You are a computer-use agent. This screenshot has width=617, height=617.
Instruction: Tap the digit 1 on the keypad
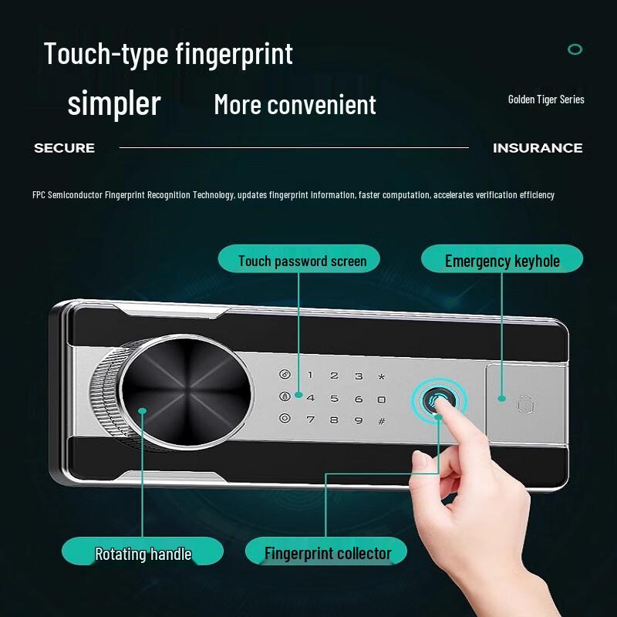pos(310,376)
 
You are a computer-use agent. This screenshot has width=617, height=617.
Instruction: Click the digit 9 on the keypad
pos(358,420)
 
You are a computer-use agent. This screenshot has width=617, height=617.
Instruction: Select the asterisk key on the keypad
pos(381,376)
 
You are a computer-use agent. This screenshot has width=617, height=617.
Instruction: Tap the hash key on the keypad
pos(381,420)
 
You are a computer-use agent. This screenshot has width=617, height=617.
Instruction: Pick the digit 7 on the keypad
pos(310,420)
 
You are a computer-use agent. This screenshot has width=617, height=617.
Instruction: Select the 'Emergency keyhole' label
pos(502,261)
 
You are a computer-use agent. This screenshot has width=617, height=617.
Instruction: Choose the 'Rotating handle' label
pos(143,553)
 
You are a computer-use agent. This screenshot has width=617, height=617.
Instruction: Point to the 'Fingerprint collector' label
pos(327,553)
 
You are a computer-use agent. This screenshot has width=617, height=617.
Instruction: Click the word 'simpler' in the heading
pos(114,103)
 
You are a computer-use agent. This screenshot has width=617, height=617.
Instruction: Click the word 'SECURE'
pos(64,148)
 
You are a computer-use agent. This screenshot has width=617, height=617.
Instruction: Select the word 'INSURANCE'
pos(538,148)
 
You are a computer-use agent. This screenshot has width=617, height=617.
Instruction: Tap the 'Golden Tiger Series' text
pos(546,99)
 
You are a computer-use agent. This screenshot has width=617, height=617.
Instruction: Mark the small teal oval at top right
pos(575,49)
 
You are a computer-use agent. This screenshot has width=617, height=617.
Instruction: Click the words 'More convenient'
pos(295,105)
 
